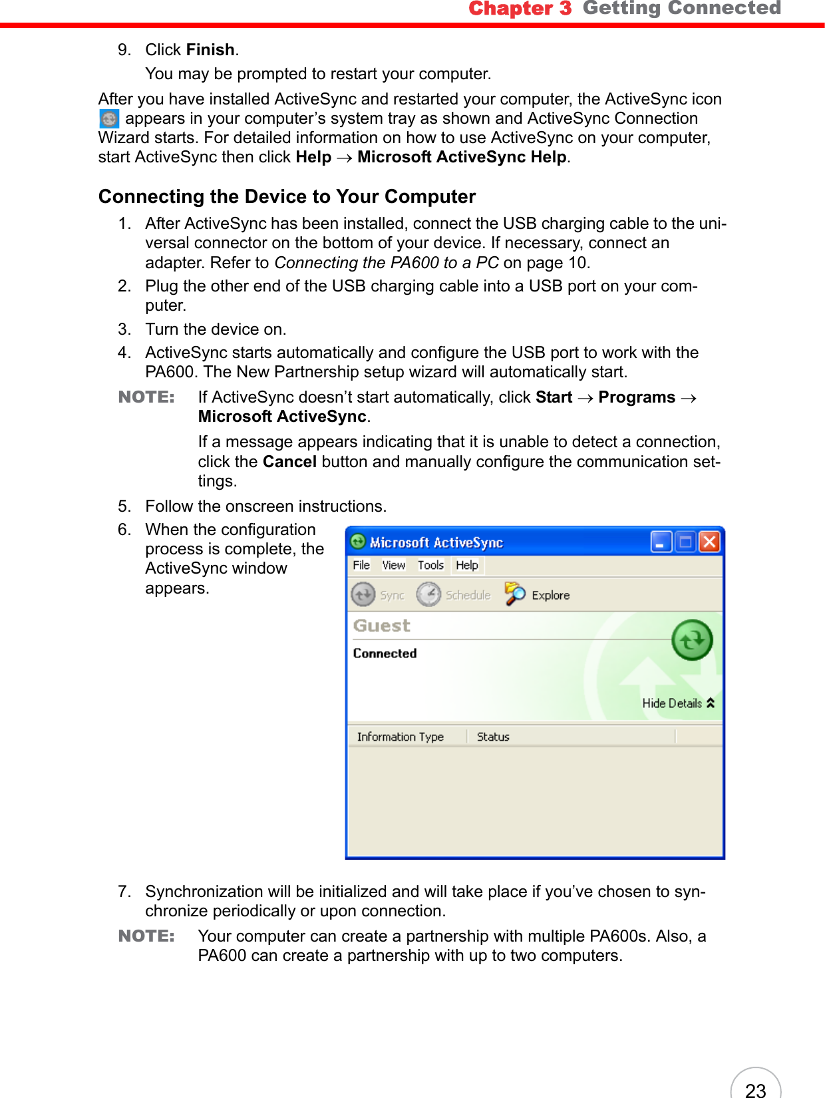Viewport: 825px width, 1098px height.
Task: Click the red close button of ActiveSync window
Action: tap(709, 542)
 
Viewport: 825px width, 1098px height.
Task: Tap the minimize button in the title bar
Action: tap(661, 542)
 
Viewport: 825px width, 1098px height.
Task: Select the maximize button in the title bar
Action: tap(685, 542)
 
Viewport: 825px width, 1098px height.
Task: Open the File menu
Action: tap(361, 565)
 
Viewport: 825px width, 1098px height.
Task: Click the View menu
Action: tap(393, 565)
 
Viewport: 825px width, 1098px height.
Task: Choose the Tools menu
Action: tap(430, 565)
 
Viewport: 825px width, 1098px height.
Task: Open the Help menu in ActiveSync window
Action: tap(467, 565)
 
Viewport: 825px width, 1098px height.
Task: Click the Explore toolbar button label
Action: tap(550, 596)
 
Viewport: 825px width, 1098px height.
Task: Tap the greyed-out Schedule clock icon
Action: tap(428, 594)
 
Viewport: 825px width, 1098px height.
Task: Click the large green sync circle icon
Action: tap(692, 640)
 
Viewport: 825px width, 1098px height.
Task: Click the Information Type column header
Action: tap(400, 737)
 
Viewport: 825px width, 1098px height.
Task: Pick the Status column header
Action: tap(493, 737)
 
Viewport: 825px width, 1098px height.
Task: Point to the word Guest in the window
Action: tap(381, 626)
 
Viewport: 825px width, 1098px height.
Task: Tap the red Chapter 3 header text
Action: tap(520, 9)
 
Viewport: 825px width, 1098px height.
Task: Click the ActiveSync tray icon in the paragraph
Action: tap(108, 119)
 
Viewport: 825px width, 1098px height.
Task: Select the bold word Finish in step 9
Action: tap(210, 50)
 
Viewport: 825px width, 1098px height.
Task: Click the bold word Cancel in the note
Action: tap(289, 462)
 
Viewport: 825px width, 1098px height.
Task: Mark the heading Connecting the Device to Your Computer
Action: tap(287, 197)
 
